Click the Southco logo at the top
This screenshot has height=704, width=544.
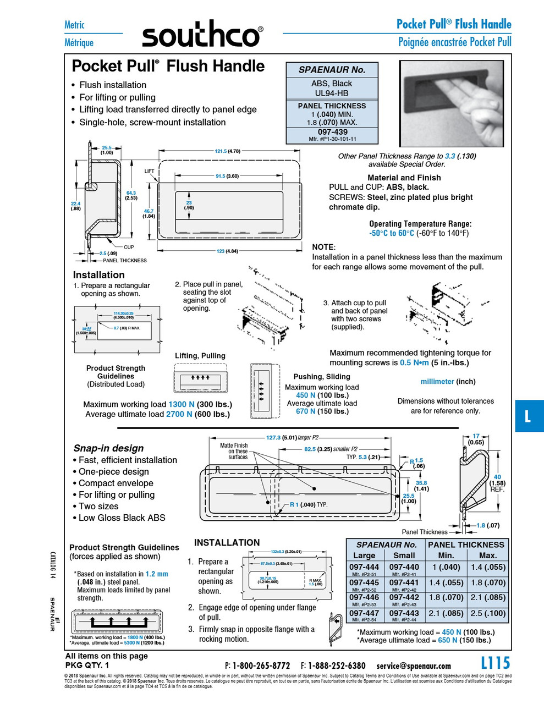[202, 35]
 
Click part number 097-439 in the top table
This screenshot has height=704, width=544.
[332, 132]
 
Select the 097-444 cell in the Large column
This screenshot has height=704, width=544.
[364, 567]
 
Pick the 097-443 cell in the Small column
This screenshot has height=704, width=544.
[404, 613]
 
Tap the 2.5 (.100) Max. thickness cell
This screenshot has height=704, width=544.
[488, 613]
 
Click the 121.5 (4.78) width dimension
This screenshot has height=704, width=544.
[227, 151]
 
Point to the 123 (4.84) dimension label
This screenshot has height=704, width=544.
[227, 251]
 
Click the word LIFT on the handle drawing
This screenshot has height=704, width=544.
[149, 171]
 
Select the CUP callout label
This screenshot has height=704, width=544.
[129, 247]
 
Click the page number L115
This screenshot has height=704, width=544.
[495, 663]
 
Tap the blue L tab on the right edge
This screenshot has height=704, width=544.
[529, 416]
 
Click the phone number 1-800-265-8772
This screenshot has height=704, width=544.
[261, 665]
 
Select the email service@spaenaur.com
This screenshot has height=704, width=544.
[414, 665]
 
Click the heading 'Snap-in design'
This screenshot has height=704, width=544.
[108, 448]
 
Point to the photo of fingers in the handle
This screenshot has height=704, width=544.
[452, 103]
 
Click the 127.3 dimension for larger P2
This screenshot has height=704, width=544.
[273, 438]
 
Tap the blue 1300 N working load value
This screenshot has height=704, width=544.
[181, 404]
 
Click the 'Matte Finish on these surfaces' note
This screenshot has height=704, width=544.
[234, 451]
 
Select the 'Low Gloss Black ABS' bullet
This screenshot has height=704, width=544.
[122, 518]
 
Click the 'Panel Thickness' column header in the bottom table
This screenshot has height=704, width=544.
[466, 544]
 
